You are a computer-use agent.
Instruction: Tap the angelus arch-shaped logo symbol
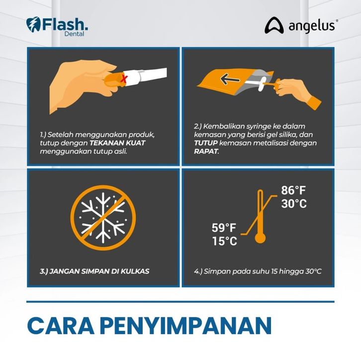pyautogui.click(x=274, y=25)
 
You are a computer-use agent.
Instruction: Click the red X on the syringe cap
pyautogui.click(x=124, y=79)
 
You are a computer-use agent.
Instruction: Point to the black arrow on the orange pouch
pyautogui.click(x=230, y=80)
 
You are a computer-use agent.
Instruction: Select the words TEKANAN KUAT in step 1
pyautogui.click(x=117, y=143)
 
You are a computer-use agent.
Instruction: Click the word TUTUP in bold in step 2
pyautogui.click(x=206, y=143)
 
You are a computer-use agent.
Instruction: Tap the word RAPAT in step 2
pyautogui.click(x=206, y=151)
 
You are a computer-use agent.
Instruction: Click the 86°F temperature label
pyautogui.click(x=293, y=190)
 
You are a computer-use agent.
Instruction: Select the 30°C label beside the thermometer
pyautogui.click(x=294, y=204)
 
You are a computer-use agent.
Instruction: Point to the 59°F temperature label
pyautogui.click(x=224, y=228)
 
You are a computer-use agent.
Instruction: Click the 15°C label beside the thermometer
pyautogui.click(x=224, y=241)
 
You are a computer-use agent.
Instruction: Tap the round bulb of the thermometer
pyautogui.click(x=260, y=238)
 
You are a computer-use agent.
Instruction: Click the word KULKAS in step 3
pyautogui.click(x=135, y=271)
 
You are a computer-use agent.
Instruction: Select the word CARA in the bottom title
pyautogui.click(x=61, y=326)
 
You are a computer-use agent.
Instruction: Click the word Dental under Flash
pyautogui.click(x=74, y=34)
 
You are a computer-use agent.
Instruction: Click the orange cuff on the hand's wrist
pyautogui.click(x=314, y=103)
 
